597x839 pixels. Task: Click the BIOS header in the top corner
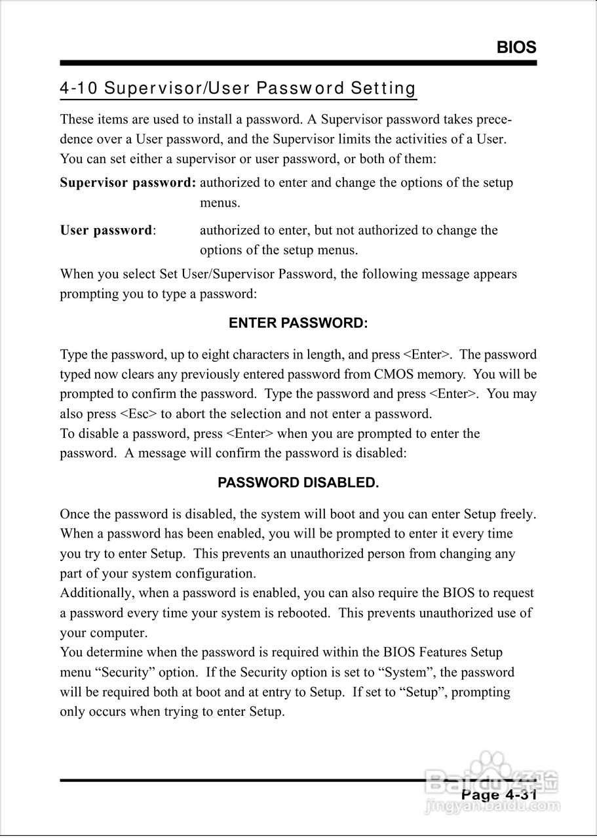pos(516,47)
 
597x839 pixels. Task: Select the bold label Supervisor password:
pos(128,182)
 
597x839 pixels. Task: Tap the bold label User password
pos(106,230)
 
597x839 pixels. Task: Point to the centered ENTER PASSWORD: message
pos(298,323)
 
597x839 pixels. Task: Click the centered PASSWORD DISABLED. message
pos(298,483)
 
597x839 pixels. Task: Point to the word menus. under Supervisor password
pos(220,203)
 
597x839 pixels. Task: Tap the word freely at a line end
pos(518,514)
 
